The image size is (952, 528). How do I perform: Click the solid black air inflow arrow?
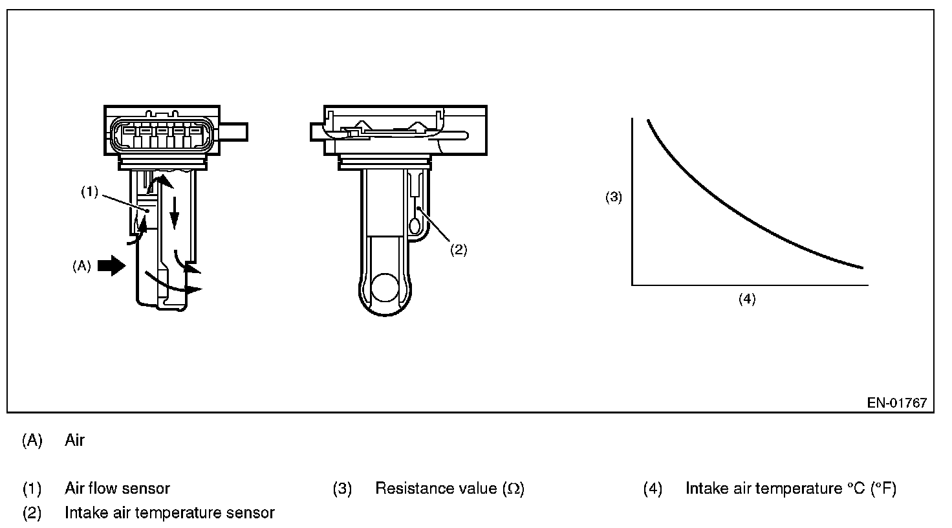(111, 266)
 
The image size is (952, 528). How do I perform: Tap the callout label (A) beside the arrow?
(81, 266)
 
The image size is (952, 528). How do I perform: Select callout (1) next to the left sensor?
(90, 192)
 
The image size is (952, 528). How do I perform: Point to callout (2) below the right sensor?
(459, 250)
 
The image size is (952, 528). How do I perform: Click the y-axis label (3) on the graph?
(613, 197)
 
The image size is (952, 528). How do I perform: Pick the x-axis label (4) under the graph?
(747, 299)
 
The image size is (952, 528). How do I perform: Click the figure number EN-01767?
(897, 402)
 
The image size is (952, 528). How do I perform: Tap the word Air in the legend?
(74, 440)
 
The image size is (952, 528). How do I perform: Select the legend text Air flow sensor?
(117, 489)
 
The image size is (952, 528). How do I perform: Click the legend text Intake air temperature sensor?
(169, 512)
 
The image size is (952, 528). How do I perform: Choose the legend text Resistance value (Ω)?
(450, 489)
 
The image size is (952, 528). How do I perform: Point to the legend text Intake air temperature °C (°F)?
(791, 489)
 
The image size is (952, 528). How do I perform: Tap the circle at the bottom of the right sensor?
(385, 288)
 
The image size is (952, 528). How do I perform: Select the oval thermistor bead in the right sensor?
(415, 226)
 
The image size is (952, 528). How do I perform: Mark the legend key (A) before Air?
(32, 441)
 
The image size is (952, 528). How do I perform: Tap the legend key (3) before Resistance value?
(343, 489)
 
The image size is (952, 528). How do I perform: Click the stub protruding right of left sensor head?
(233, 132)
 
